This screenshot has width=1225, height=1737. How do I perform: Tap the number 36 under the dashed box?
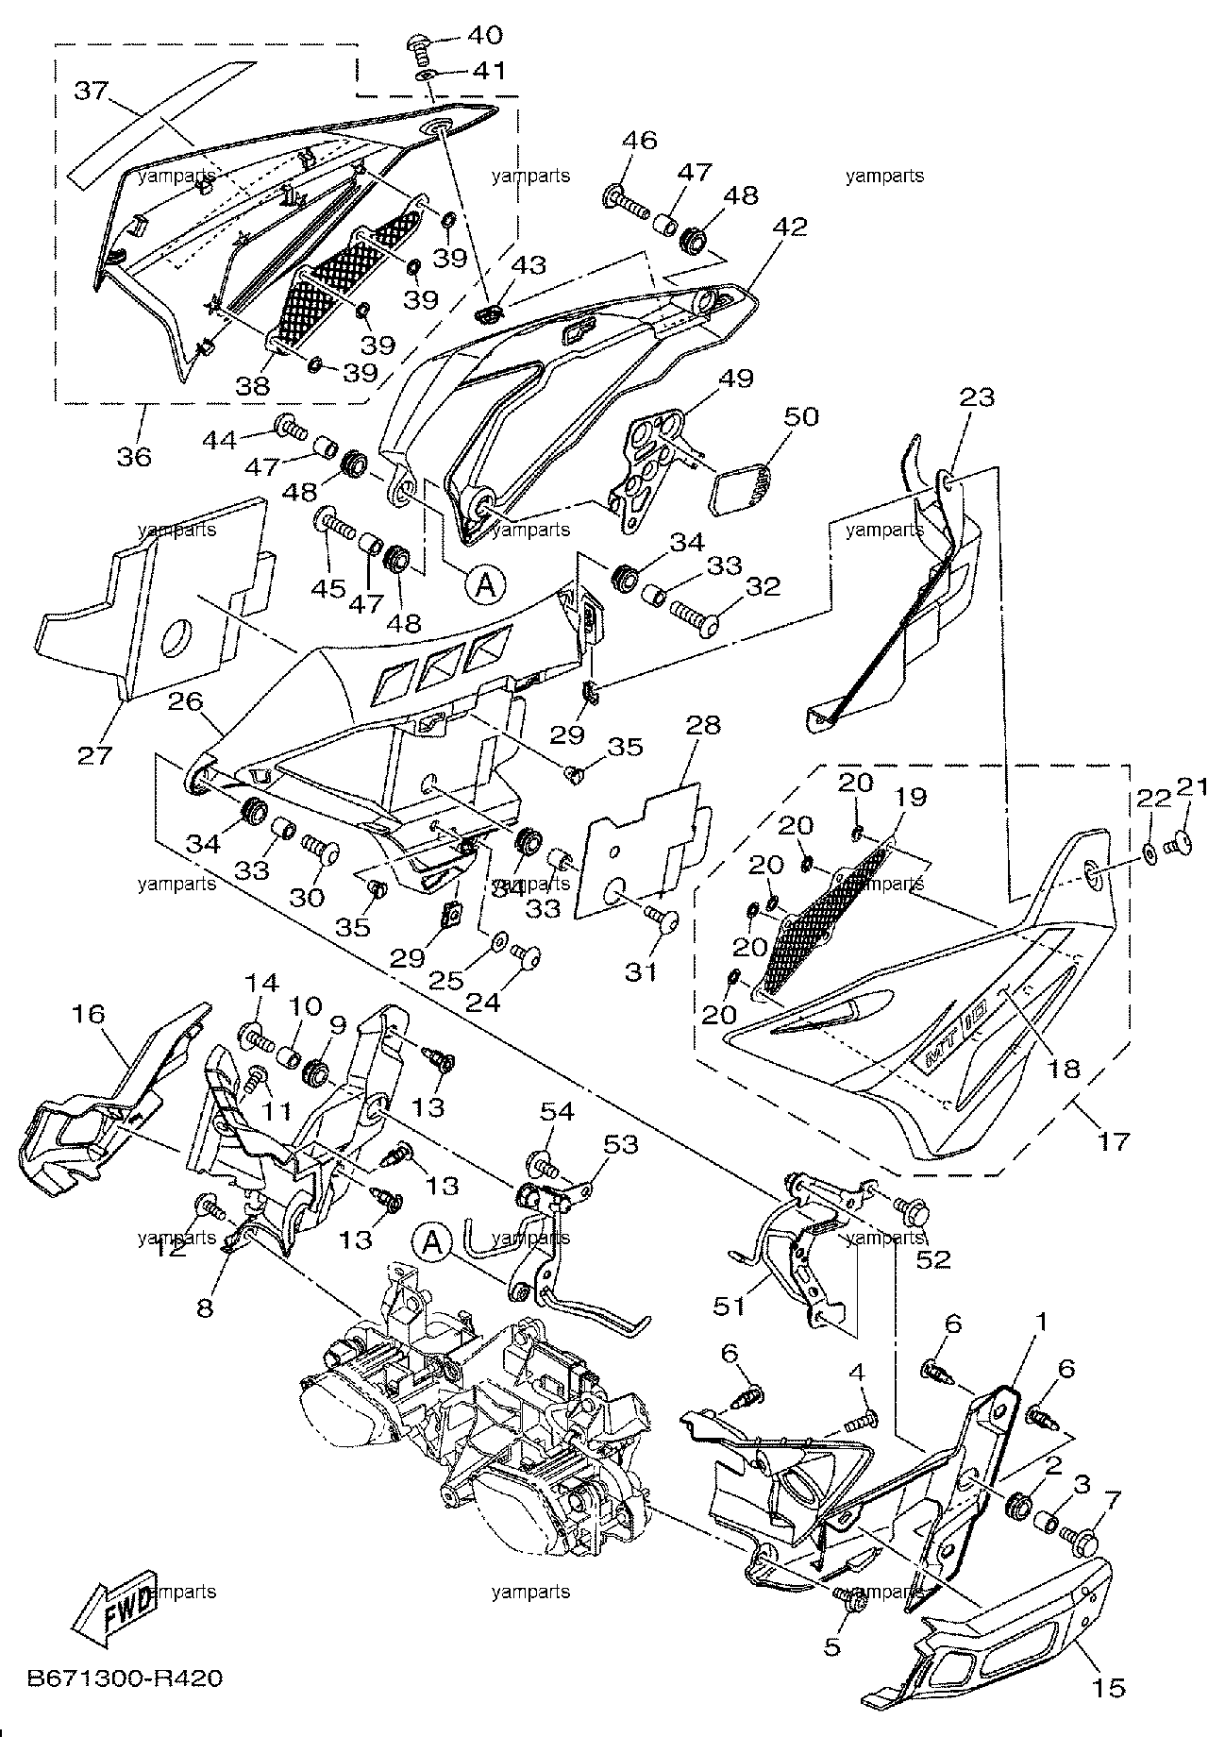[134, 457]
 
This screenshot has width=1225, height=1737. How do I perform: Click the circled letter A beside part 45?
[484, 585]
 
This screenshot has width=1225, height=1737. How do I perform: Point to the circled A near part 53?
[431, 1243]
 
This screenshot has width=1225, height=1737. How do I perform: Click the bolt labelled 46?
[625, 199]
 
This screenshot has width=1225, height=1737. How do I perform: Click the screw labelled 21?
[1181, 842]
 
